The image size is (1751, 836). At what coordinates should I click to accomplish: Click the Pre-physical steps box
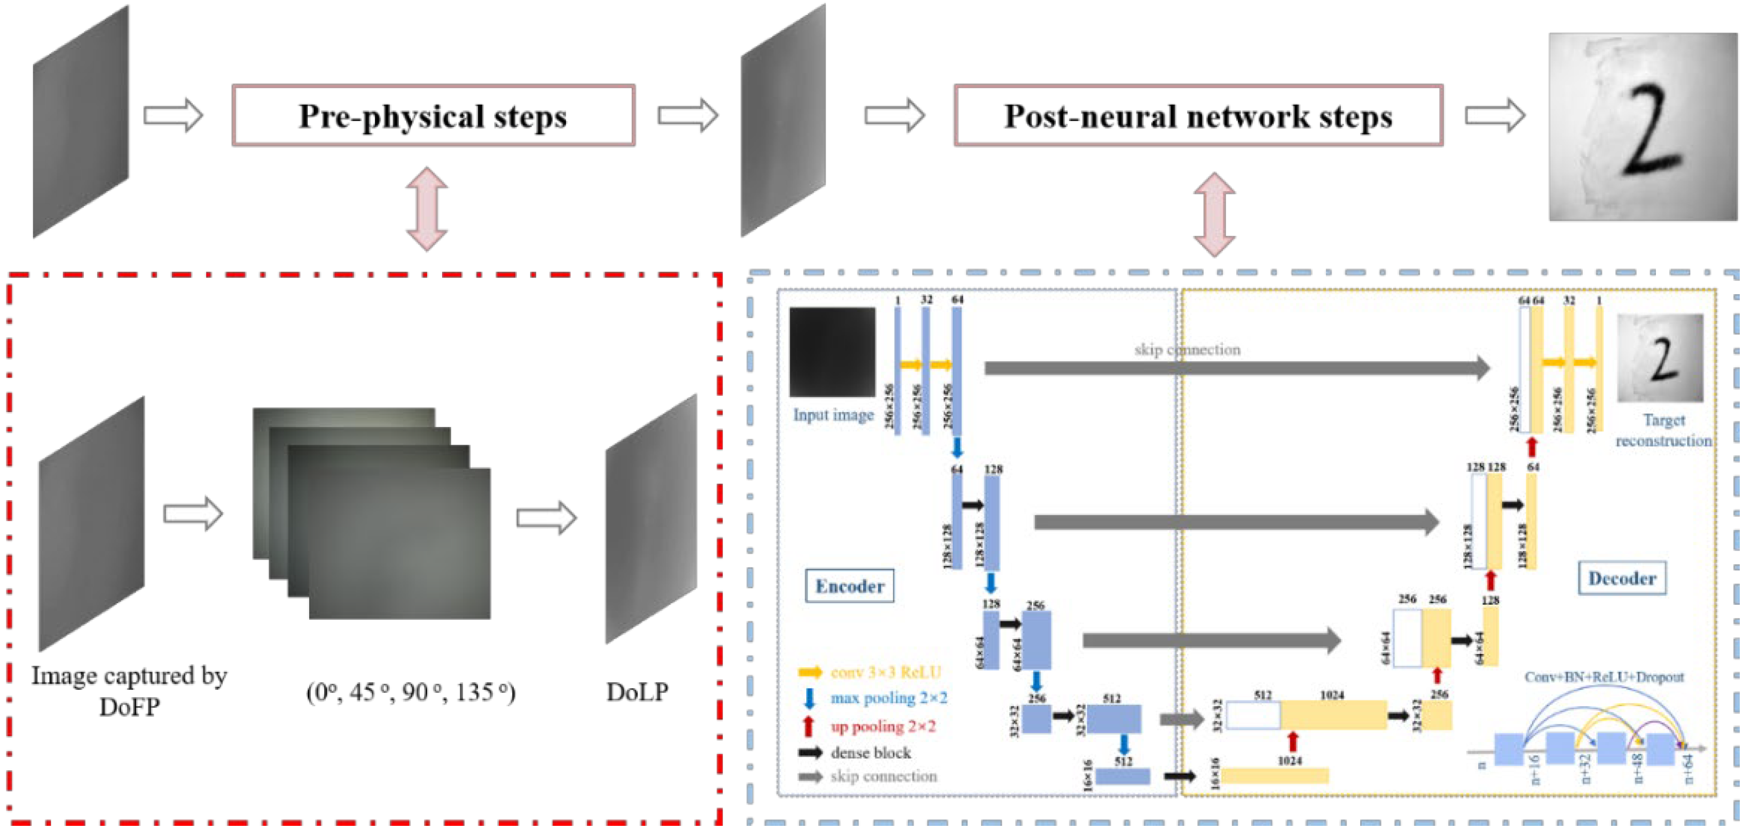click(434, 115)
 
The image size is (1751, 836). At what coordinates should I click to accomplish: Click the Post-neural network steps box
click(1198, 115)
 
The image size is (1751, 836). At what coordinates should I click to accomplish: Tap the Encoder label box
click(850, 586)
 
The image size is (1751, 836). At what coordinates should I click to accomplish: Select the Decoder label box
click(1621, 578)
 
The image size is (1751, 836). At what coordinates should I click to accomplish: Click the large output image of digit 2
click(1642, 127)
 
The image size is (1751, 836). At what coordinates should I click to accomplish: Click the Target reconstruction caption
click(1663, 430)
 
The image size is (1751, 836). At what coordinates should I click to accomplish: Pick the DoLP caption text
click(637, 692)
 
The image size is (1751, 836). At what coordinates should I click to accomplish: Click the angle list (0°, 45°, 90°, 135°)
click(411, 692)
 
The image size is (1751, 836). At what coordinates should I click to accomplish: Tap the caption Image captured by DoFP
click(129, 691)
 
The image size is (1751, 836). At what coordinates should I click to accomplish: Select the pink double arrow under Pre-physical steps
click(427, 209)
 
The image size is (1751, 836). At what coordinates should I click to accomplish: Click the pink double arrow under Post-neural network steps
click(1214, 214)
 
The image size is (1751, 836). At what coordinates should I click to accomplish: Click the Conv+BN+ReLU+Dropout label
click(1604, 677)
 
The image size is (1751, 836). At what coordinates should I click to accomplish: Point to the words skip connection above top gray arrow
click(1187, 349)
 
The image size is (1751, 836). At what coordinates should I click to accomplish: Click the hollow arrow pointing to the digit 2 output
click(1495, 115)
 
